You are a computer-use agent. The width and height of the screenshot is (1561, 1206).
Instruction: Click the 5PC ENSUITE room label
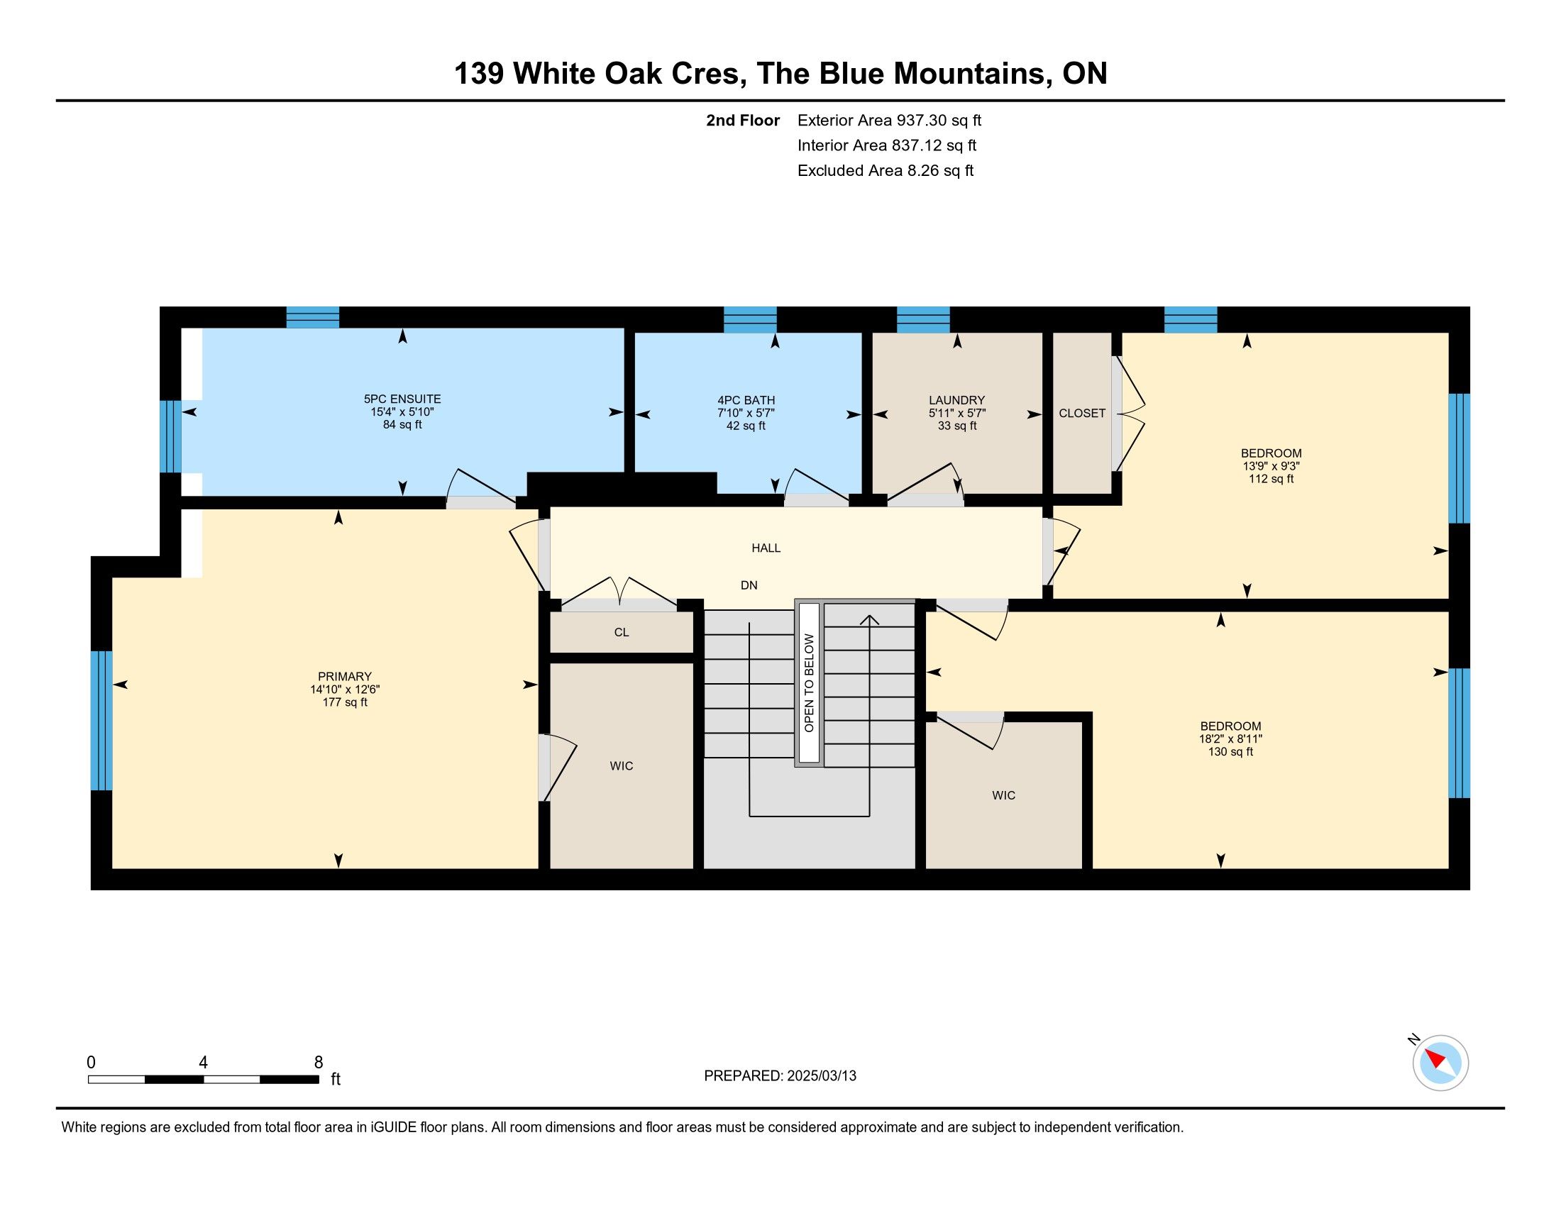pyautogui.click(x=402, y=399)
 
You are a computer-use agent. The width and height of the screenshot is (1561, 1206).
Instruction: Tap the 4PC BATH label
pyautogui.click(x=746, y=401)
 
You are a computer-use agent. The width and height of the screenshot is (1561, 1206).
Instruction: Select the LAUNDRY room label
pyautogui.click(x=957, y=401)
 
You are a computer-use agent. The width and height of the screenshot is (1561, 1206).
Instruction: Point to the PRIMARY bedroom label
pyautogui.click(x=345, y=677)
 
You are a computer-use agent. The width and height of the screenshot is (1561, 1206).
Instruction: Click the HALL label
pyautogui.click(x=766, y=548)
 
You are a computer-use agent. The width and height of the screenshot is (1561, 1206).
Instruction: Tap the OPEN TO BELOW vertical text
pyautogui.click(x=809, y=683)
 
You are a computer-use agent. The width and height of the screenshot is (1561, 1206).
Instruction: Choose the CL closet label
pyautogui.click(x=621, y=632)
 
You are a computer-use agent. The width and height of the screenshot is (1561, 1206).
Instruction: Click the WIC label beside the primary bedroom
pyautogui.click(x=621, y=766)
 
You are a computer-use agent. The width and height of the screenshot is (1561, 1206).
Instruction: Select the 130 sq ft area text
pyautogui.click(x=1230, y=751)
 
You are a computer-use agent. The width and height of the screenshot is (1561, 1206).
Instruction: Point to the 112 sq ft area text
pyautogui.click(x=1271, y=479)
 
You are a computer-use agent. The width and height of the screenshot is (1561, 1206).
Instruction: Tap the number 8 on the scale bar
pyautogui.click(x=318, y=1063)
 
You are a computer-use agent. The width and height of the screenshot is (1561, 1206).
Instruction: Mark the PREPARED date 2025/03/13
pyautogui.click(x=820, y=1076)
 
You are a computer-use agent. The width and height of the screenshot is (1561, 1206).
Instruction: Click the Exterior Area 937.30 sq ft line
pyautogui.click(x=889, y=121)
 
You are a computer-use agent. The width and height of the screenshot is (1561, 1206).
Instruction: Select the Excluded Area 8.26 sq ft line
pyautogui.click(x=886, y=171)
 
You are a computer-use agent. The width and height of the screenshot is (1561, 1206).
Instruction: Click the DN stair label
pyautogui.click(x=749, y=585)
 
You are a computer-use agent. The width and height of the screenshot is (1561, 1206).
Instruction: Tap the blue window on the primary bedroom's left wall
pyautogui.click(x=101, y=720)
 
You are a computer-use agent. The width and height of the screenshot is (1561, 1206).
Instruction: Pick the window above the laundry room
pyautogui.click(x=922, y=319)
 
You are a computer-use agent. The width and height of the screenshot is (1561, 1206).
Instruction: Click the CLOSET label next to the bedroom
pyautogui.click(x=1082, y=413)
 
